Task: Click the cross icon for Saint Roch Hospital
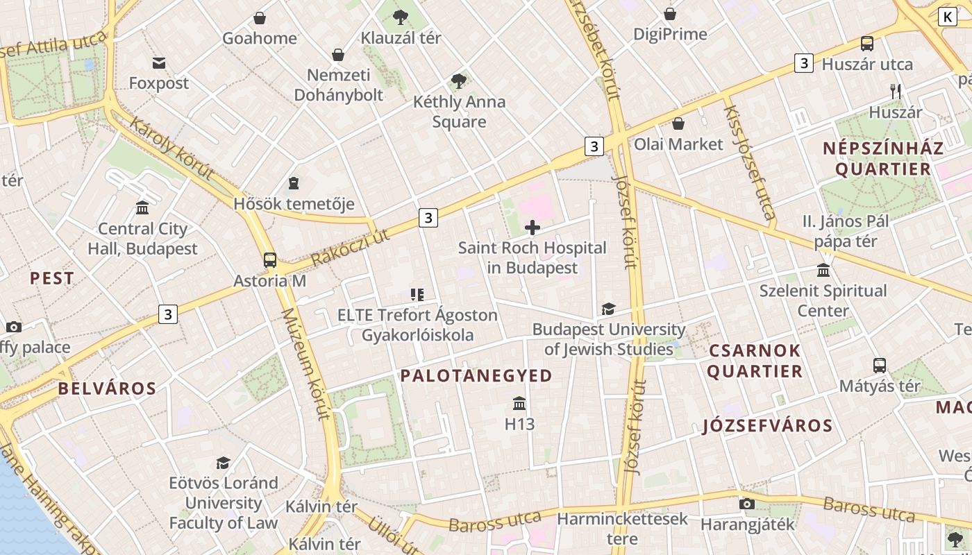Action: [x=533, y=228]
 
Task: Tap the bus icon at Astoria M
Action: [x=270, y=261]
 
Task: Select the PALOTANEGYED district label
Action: [x=476, y=376]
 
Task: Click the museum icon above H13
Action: [x=519, y=404]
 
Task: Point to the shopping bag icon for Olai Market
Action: [x=678, y=124]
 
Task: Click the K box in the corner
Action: [x=947, y=17]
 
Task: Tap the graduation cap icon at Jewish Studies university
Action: [x=608, y=309]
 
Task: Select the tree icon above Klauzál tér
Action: [x=401, y=17]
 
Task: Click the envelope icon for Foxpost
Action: [x=159, y=63]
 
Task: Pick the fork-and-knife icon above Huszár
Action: [x=896, y=91]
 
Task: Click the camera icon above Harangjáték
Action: [x=747, y=504]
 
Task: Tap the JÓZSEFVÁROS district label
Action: [x=767, y=426]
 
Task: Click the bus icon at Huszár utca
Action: [x=867, y=44]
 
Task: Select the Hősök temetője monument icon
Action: [x=294, y=184]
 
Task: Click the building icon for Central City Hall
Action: [x=142, y=208]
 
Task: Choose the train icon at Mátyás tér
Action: [x=880, y=366]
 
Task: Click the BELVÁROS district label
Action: [x=107, y=388]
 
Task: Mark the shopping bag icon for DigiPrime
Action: [x=670, y=14]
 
